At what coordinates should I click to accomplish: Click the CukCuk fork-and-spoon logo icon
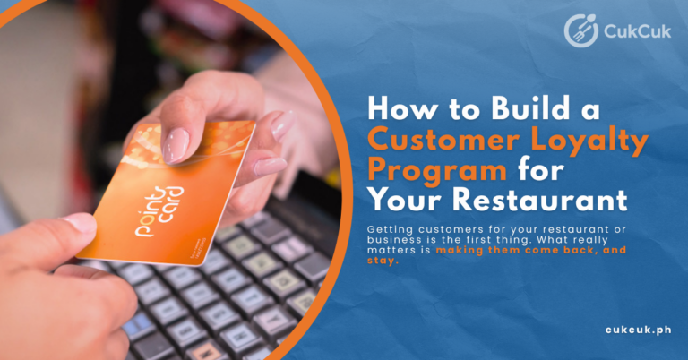(580, 30)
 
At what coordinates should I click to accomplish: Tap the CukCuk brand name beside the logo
(637, 31)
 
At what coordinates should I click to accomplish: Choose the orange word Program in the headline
(437, 171)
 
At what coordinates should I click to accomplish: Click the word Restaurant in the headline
(539, 200)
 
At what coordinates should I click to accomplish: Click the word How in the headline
(402, 107)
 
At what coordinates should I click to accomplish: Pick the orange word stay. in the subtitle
(383, 261)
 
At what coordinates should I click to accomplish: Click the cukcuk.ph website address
(638, 330)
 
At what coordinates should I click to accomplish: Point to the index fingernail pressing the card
(176, 145)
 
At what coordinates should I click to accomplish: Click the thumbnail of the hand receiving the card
(81, 223)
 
